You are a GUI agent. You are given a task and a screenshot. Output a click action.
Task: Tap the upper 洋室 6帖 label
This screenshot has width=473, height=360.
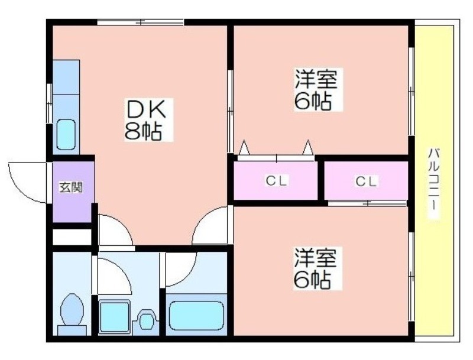316,89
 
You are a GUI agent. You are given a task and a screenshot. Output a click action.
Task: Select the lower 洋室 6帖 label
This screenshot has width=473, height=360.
316,268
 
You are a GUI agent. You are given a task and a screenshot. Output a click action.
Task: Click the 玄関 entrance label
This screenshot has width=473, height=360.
70,187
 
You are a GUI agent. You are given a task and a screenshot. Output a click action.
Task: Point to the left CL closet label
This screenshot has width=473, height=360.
276,181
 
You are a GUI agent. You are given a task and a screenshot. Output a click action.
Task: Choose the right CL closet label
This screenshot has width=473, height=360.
366,181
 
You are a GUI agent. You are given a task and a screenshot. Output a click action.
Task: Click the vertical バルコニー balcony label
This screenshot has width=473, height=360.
434,183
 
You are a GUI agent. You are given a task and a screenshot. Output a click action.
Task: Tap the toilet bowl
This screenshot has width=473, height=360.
72,313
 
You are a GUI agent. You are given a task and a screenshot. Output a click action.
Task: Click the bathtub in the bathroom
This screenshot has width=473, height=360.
197,316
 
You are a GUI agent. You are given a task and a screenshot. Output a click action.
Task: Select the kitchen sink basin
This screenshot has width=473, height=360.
66,134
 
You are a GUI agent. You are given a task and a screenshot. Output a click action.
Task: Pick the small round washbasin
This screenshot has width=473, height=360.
147,321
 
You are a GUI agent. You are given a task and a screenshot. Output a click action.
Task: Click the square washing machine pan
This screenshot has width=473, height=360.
114,316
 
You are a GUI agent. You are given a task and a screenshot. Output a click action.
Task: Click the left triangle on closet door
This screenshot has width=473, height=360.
244,147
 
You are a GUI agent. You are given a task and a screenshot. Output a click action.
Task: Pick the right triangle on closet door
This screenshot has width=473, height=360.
308,147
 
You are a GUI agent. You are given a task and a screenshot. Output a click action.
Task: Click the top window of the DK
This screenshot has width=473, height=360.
141,22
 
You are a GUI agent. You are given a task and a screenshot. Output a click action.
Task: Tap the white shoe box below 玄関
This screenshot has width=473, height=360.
72,237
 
